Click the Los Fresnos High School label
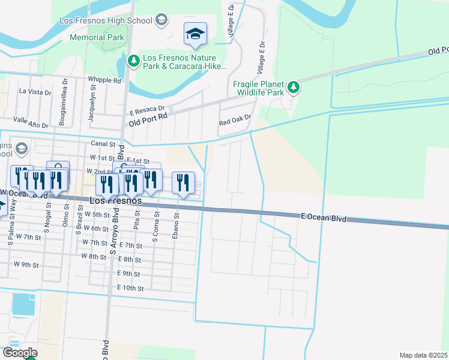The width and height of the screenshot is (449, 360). [106, 20]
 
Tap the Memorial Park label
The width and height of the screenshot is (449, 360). [97, 37]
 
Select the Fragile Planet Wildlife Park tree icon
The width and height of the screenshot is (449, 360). [294, 88]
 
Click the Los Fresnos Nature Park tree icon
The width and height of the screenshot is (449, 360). [133, 60]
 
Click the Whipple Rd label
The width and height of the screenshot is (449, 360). [104, 80]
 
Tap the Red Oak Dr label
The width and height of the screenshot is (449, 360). [234, 122]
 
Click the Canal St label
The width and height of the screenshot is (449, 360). [103, 144]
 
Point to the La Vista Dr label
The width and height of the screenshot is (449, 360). [35, 92]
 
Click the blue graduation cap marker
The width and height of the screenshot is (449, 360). [195, 34]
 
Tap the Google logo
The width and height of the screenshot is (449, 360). [20, 353]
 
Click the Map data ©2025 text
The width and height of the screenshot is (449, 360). [423, 355]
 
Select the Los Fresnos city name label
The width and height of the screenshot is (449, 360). [116, 200]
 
